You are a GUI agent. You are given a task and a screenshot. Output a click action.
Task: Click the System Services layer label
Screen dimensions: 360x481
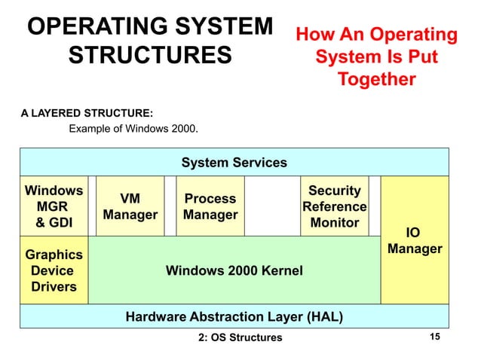pyautogui.click(x=234, y=162)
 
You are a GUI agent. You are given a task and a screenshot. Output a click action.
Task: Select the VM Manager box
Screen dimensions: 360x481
pyautogui.click(x=130, y=206)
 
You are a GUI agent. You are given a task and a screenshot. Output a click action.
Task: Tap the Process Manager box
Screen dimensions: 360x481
pyautogui.click(x=210, y=206)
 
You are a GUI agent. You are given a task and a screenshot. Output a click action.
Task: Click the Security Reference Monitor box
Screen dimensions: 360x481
pyautogui.click(x=334, y=206)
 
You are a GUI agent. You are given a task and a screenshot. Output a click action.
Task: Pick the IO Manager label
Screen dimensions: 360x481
pyautogui.click(x=414, y=240)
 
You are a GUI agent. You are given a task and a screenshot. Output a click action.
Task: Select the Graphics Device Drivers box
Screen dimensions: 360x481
pyautogui.click(x=53, y=270)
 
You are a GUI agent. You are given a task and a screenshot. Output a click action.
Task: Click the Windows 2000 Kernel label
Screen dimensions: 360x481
pyautogui.click(x=234, y=270)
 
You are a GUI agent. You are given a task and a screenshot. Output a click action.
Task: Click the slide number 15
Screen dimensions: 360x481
pyautogui.click(x=434, y=337)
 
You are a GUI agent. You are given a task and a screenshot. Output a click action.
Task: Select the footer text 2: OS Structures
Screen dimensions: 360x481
pyautogui.click(x=239, y=337)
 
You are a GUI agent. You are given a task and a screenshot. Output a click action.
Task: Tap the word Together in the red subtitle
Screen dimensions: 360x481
pyautogui.click(x=376, y=79)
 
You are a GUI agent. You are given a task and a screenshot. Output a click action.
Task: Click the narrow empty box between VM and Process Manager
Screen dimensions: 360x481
pyautogui.click(x=170, y=206)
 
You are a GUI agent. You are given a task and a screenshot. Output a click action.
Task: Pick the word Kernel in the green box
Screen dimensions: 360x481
pyautogui.click(x=275, y=270)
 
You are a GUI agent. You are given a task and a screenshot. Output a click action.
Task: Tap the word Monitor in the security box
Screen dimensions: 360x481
pyautogui.click(x=334, y=223)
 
